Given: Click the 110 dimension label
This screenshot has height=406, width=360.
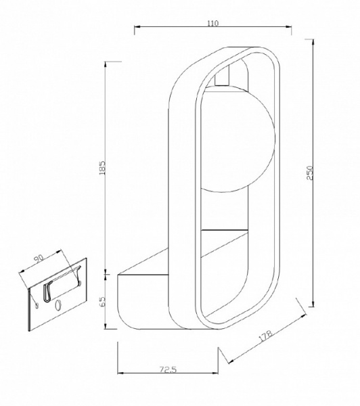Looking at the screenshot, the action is [213, 23].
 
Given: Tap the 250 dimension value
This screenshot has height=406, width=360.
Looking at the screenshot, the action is [310, 173].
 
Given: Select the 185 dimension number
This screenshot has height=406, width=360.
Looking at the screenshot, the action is [102, 168].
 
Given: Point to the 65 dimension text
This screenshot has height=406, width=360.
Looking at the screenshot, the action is [103, 302].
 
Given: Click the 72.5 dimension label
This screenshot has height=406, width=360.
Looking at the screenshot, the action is [168, 369].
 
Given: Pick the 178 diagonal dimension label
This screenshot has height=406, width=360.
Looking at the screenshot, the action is [265, 336].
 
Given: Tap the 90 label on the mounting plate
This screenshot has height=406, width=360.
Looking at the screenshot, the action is [39, 259].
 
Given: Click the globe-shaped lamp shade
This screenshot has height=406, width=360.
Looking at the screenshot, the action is [237, 139].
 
